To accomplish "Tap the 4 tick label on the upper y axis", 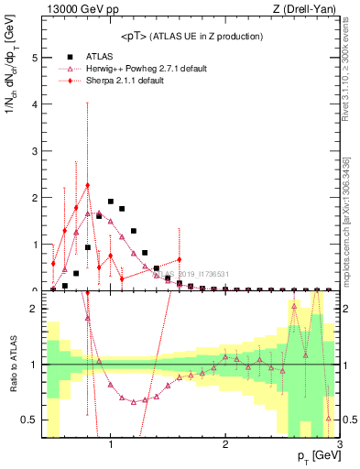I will (x=33, y=104).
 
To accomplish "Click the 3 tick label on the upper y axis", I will (x=33, y=150).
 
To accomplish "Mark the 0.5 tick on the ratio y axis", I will (x=28, y=420).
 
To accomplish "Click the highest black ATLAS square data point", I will (x=111, y=202).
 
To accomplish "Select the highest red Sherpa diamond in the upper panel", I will (x=88, y=185).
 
